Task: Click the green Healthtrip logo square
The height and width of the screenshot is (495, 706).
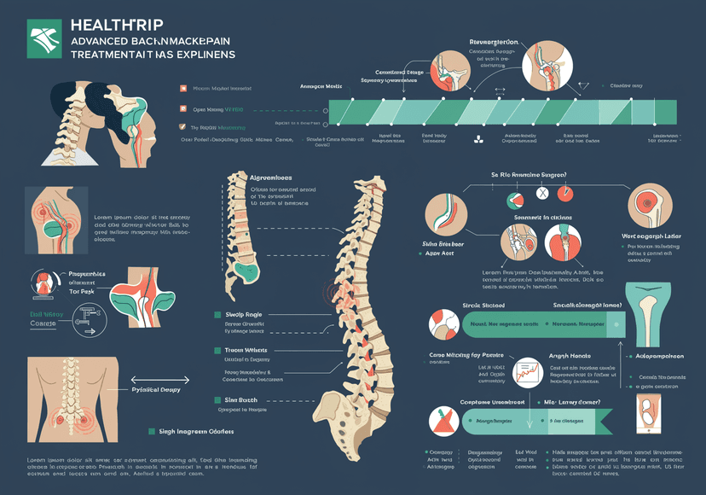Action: coord(44,39)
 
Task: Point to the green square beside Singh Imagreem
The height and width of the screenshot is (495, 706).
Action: coord(152,433)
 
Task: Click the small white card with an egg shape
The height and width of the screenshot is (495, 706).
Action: coord(648,416)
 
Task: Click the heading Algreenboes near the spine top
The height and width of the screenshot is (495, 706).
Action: coord(270,177)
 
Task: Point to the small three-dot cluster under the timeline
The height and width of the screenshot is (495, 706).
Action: coord(478,138)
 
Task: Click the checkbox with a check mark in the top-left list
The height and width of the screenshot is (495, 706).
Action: coord(182,108)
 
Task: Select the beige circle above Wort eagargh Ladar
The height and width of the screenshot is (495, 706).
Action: coord(651,206)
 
